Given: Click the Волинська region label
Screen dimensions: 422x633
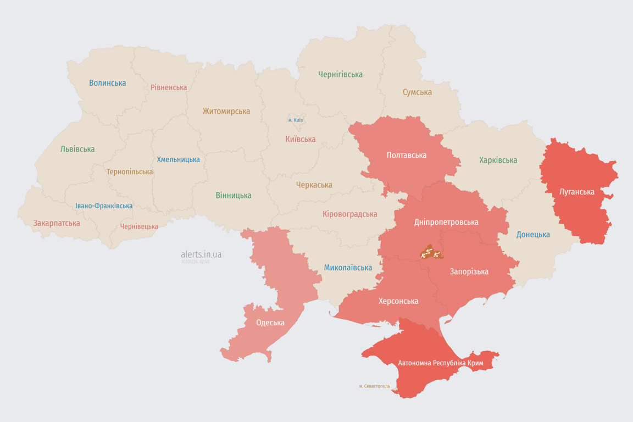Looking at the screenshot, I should pos(108,83).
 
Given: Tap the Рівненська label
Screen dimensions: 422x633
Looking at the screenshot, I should pos(169,87).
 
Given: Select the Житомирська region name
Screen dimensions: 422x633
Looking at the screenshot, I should pos(226,111).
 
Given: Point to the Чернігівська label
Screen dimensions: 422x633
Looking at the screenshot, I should pos(340,74).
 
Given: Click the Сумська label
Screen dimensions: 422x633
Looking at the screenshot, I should pos(417,92).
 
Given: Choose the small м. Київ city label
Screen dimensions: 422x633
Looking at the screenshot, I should pos(295,120).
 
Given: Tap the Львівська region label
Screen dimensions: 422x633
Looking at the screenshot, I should pos(77,149).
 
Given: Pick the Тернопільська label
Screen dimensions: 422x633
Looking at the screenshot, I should pos(130,171).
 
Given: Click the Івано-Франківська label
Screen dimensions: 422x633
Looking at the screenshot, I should pos(104,206).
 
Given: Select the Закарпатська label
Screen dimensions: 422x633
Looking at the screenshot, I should pos(57,223).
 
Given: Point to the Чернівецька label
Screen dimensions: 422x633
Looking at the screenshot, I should pos(139,226).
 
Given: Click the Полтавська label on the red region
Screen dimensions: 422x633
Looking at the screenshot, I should pos(407,156).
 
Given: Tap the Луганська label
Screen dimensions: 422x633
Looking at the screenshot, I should pos(576,192).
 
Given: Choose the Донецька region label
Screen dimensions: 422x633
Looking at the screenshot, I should pos(533,235).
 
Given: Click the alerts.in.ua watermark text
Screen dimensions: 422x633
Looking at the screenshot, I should pos(201,254).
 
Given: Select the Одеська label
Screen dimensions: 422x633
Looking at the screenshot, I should pos(270,323).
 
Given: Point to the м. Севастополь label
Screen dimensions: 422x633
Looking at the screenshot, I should pos(374,386).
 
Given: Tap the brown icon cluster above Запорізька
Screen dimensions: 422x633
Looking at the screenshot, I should pos(431,253).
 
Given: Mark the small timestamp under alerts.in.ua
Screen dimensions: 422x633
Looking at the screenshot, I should pos(195,262).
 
